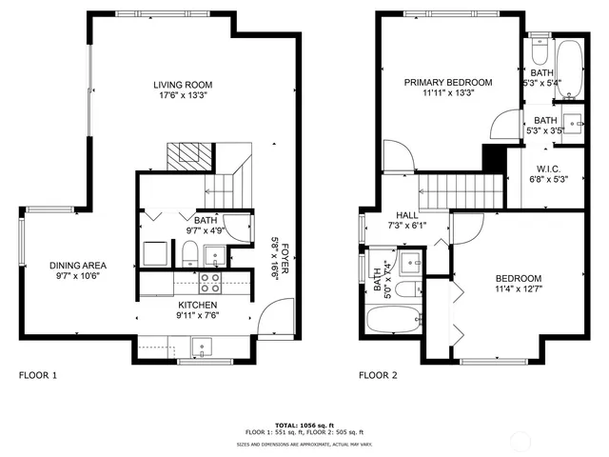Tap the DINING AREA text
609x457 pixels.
point(78,265)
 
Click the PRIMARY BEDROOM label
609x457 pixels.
point(448,83)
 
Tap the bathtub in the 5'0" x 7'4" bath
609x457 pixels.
point(393,319)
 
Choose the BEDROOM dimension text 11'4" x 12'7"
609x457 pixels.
point(519,289)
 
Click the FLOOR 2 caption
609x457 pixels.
point(378,375)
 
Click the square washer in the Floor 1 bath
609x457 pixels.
point(155,254)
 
